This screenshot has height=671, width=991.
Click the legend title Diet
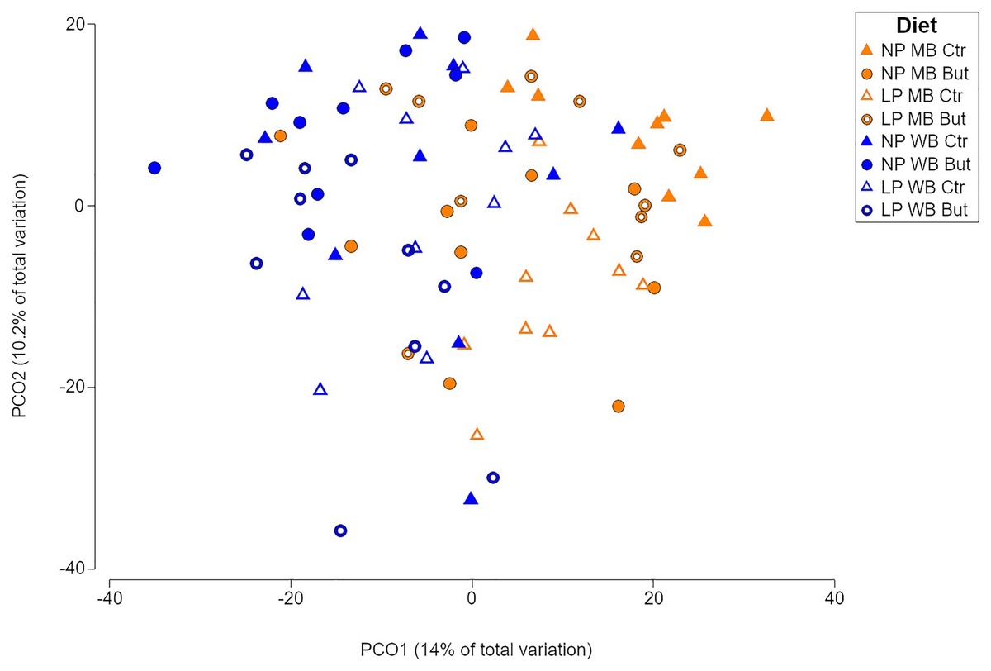[916, 25]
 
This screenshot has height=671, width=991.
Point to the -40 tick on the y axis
[73, 569]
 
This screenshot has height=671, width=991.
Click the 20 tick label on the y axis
[77, 25]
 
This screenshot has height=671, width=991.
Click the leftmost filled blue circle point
[154, 168]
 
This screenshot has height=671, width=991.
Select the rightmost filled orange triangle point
[767, 115]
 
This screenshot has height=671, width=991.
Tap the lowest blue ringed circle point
[340, 531]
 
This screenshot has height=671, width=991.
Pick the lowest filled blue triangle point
[471, 498]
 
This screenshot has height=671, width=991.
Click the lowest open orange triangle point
[477, 435]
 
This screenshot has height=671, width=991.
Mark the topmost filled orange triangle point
[533, 35]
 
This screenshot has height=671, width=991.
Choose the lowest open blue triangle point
[320, 389]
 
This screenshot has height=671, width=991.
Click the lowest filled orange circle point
[618, 406]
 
